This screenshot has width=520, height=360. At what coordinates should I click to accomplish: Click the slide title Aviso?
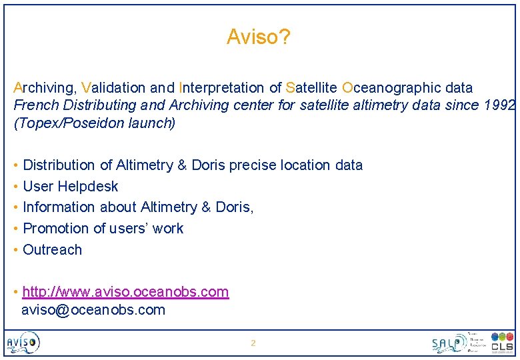click(258, 37)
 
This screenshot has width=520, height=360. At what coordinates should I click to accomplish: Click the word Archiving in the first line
click(45, 88)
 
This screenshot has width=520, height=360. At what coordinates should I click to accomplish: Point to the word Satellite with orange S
click(311, 88)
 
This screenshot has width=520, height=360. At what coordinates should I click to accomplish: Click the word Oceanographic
click(387, 88)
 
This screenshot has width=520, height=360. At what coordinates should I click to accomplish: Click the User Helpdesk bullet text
click(70, 187)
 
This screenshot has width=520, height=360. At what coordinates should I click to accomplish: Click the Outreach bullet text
click(52, 250)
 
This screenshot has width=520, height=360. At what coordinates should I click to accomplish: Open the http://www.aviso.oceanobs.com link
click(125, 292)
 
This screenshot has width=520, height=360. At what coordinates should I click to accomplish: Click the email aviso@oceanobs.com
click(93, 310)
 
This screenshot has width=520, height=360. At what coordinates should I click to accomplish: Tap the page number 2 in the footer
click(253, 343)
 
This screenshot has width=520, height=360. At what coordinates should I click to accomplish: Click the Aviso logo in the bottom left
click(23, 343)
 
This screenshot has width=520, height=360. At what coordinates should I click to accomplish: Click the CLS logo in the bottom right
click(501, 342)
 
